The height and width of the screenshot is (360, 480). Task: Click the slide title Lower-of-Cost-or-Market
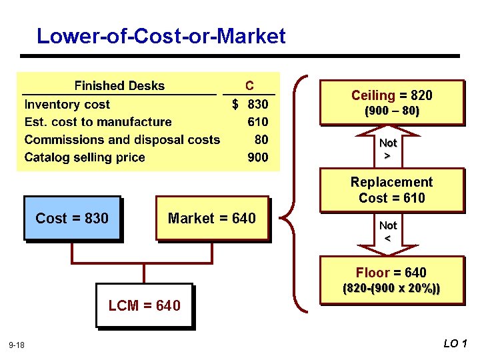[x=161, y=35]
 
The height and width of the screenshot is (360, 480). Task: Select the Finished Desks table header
[x=119, y=86]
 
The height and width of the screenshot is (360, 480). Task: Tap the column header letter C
[x=249, y=86]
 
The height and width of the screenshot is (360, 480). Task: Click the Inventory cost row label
[x=67, y=104]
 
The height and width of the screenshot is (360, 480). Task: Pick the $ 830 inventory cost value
[x=250, y=104]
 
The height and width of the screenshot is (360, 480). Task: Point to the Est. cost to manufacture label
[x=98, y=122]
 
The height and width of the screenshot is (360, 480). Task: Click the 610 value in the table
[x=257, y=122]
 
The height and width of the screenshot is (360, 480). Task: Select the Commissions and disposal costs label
[x=122, y=140]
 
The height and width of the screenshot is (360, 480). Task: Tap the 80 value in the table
[x=261, y=140]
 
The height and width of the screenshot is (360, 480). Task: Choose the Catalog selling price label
[x=85, y=158]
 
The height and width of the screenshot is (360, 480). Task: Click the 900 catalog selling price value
[x=257, y=158]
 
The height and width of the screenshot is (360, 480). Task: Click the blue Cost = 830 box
[x=72, y=218]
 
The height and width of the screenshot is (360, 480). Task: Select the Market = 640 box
[x=212, y=218]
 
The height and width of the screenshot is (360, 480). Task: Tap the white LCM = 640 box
[x=144, y=305]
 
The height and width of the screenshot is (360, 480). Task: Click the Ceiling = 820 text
[x=391, y=95]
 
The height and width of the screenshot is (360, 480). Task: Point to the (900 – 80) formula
[x=391, y=111]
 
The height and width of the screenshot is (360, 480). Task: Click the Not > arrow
[x=388, y=149]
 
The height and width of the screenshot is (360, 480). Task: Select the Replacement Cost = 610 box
[x=391, y=190]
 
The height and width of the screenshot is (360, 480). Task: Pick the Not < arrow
[x=388, y=231]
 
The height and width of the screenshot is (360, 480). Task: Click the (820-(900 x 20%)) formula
[x=391, y=290]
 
